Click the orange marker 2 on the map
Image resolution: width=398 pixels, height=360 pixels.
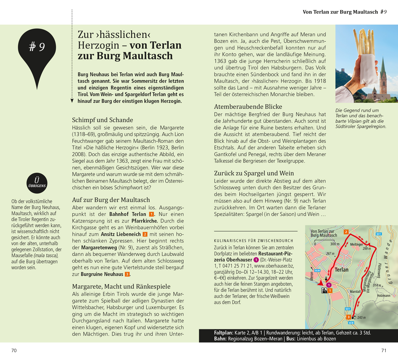click(346, 232)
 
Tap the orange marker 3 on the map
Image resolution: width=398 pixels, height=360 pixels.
click(349, 317)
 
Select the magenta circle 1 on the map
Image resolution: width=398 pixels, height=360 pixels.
click(329, 285)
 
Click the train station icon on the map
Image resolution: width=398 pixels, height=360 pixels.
click(324, 291)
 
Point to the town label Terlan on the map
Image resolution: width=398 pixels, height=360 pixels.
click(341, 270)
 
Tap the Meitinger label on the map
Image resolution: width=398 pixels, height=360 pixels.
click(356, 244)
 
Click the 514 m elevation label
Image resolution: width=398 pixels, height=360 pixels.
click(377, 285)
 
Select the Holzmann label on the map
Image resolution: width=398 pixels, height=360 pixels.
click(383, 296)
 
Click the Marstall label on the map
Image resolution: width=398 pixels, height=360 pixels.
click(355, 292)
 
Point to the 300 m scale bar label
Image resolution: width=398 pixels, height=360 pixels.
click(335, 244)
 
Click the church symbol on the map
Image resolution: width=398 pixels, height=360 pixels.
click(326, 279)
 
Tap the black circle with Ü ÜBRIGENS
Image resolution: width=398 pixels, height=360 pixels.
click(37, 183)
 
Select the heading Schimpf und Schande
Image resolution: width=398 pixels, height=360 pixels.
click(102, 120)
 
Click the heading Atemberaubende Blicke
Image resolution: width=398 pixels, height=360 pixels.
click(248, 107)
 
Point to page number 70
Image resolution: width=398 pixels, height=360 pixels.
click(14, 350)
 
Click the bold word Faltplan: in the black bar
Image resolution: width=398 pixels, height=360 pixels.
click(223, 333)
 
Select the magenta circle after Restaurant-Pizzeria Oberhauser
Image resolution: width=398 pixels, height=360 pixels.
click(256, 260)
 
